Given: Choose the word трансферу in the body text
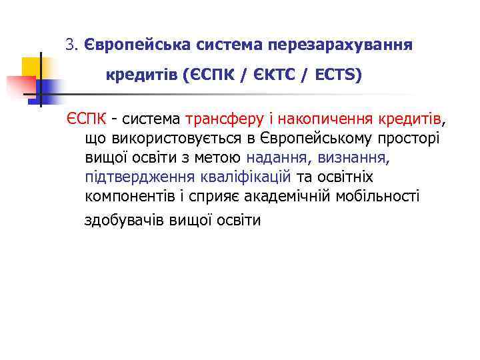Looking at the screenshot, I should click(219, 119).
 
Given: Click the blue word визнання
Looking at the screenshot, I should click(353, 158).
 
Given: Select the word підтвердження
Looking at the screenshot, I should click(139, 177).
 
